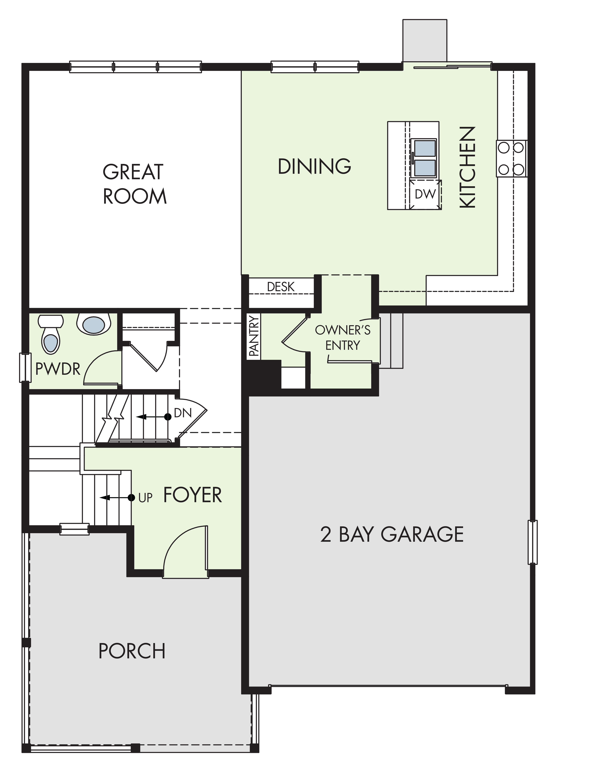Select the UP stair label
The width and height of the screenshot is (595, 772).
coord(146,498)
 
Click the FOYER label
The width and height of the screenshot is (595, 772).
coord(193,495)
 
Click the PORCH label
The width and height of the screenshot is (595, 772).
coord(132,651)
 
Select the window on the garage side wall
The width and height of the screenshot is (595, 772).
coord(532,542)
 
